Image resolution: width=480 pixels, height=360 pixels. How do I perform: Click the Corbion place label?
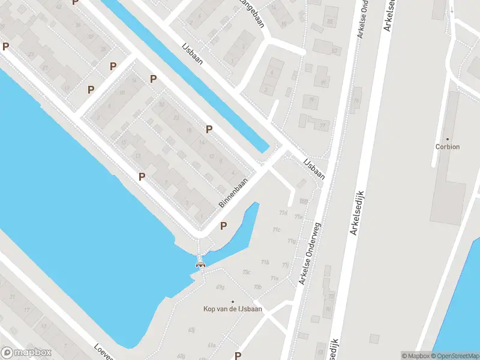(448, 146)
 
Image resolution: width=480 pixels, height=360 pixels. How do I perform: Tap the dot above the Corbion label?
(448, 139)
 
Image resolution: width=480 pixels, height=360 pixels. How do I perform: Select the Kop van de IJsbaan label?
(232, 309)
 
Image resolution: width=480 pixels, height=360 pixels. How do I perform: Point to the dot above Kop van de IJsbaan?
(232, 301)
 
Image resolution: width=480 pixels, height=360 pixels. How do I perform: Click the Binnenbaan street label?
(233, 195)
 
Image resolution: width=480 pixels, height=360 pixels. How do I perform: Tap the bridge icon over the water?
(200, 264)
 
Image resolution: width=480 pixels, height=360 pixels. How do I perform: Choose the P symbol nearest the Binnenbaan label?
(224, 226)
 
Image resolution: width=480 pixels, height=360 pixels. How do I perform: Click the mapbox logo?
(26, 353)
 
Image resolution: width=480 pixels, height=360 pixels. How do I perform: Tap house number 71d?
(283, 213)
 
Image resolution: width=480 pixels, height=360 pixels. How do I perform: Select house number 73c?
(246, 272)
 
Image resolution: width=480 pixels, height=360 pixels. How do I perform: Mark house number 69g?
(220, 287)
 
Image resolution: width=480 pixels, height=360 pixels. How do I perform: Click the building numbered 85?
(330, 22)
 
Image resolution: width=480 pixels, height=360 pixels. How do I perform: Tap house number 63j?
(191, 329)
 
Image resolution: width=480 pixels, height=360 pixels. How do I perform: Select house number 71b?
(265, 262)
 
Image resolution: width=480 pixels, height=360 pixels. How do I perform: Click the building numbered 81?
(323, 82)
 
